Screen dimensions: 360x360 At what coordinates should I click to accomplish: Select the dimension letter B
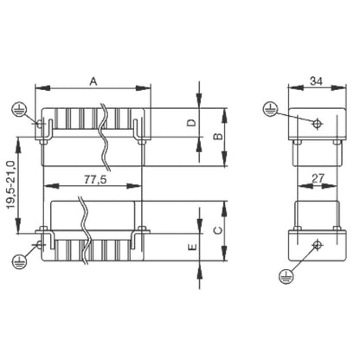tap(219, 137)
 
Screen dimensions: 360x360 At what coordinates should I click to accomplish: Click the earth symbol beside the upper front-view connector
tap(17, 107)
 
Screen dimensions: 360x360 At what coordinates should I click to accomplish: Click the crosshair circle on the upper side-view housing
tap(317, 123)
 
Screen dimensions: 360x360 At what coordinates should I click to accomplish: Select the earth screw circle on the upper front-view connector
tap(40, 124)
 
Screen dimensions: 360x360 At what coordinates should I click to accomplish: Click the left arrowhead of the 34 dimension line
tap(292, 88)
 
